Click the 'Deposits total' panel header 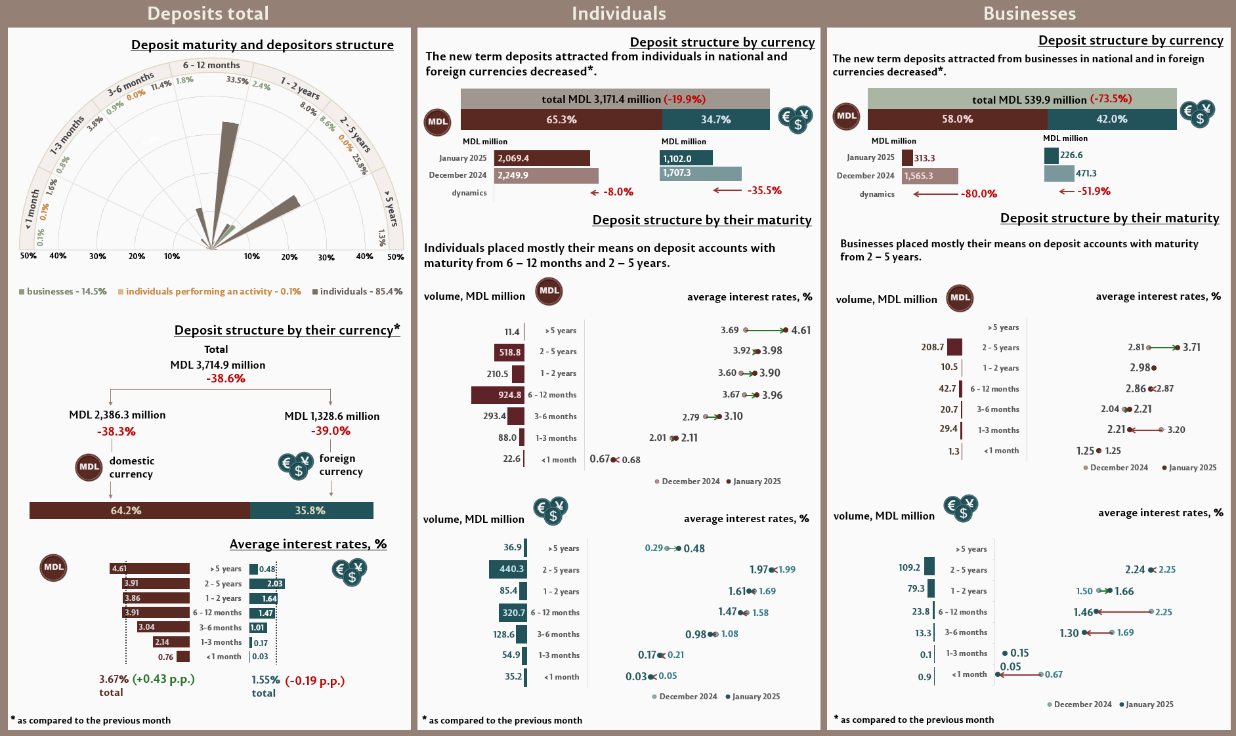tap(208, 14)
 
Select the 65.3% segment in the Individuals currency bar tap(561, 119)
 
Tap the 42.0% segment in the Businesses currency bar tap(1111, 119)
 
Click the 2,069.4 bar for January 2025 tap(542, 158)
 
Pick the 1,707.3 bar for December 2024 tap(700, 173)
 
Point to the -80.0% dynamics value tap(979, 194)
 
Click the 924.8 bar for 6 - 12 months tap(497, 395)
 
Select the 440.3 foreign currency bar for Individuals tap(507, 569)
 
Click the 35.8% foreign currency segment tap(311, 510)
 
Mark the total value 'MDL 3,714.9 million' tap(218, 365)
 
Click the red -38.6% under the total tap(225, 378)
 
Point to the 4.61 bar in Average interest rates tap(149, 569)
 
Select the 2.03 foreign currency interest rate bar tap(267, 584)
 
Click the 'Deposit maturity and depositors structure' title tap(262, 45)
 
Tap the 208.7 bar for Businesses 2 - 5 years tap(954, 347)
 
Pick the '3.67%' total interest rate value tap(114, 680)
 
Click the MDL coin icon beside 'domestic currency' tap(89, 467)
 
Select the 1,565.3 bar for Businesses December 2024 tap(929, 176)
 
